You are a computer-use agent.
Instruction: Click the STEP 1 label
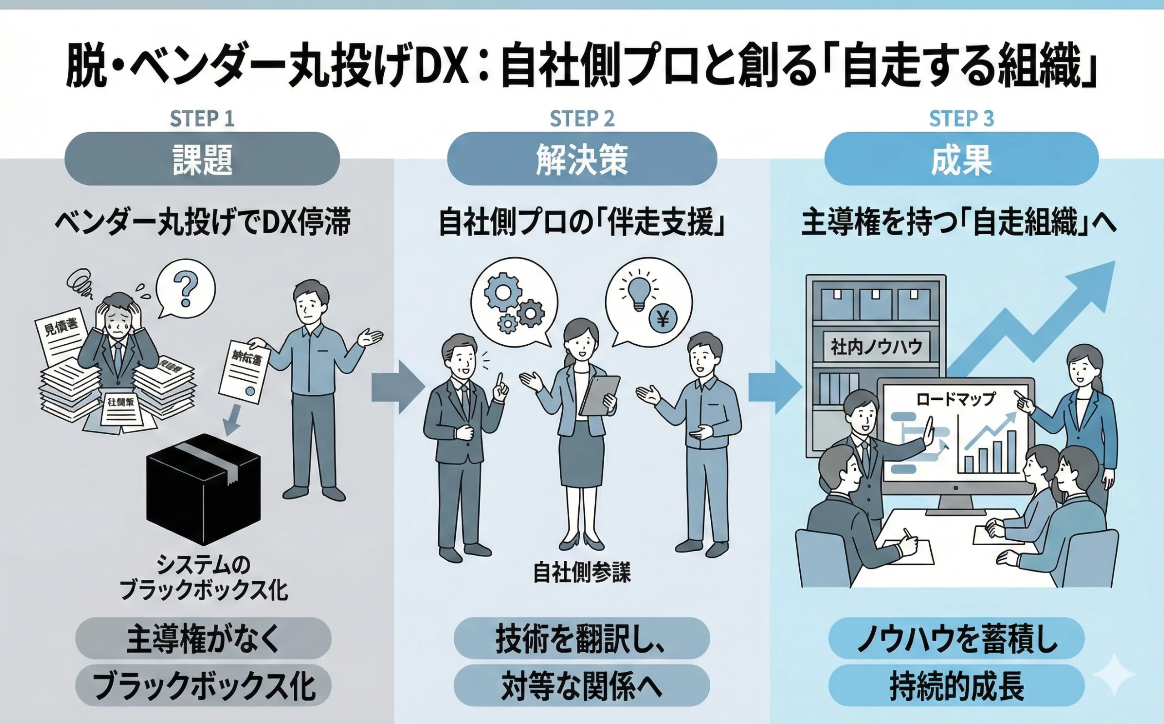202,119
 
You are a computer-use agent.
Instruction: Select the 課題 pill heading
202,159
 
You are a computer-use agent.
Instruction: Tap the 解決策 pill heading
582,159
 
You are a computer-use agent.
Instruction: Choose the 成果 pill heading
961,159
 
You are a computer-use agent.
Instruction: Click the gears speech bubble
513,302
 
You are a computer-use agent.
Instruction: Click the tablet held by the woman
600,395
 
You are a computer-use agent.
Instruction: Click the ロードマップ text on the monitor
955,399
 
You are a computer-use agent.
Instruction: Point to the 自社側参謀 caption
582,573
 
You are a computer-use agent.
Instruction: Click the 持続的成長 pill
956,686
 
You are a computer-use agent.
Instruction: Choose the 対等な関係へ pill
582,686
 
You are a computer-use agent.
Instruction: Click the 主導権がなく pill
203,639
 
